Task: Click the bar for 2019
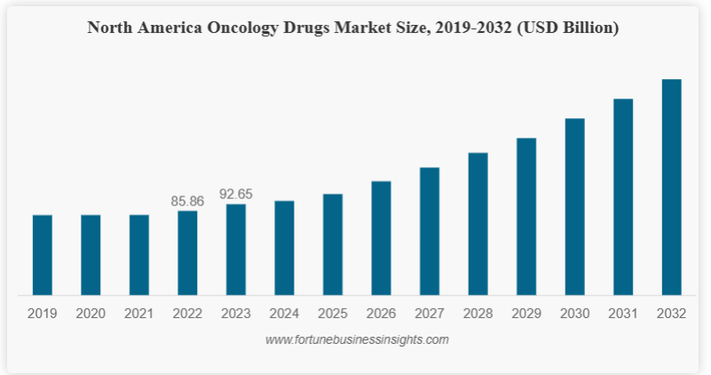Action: click(x=43, y=255)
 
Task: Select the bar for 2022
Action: click(x=187, y=252)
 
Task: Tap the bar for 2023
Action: click(x=236, y=250)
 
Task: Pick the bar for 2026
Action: click(x=381, y=238)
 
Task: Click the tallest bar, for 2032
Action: click(x=671, y=187)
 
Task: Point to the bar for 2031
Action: click(x=623, y=196)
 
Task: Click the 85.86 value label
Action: click(x=187, y=202)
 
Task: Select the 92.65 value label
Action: click(x=236, y=195)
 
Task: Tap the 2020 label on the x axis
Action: click(x=91, y=313)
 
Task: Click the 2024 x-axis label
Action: click(x=284, y=313)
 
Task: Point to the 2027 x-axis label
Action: click(x=430, y=313)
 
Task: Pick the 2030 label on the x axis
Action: click(x=574, y=313)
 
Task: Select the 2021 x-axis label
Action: click(x=139, y=313)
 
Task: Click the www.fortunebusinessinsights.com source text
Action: click(x=357, y=339)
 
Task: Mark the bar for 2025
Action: click(x=333, y=244)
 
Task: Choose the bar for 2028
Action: click(x=478, y=224)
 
